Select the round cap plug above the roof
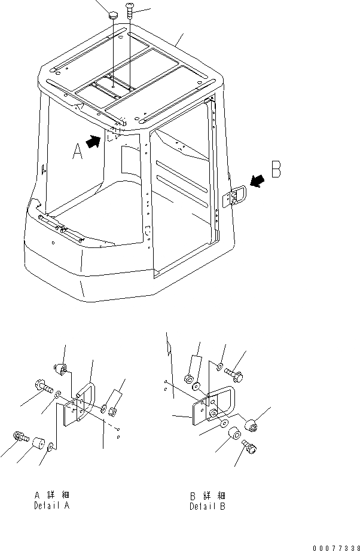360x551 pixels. pos(112,16)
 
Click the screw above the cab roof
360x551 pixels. pos(130,11)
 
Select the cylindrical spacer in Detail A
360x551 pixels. pos(40,444)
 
